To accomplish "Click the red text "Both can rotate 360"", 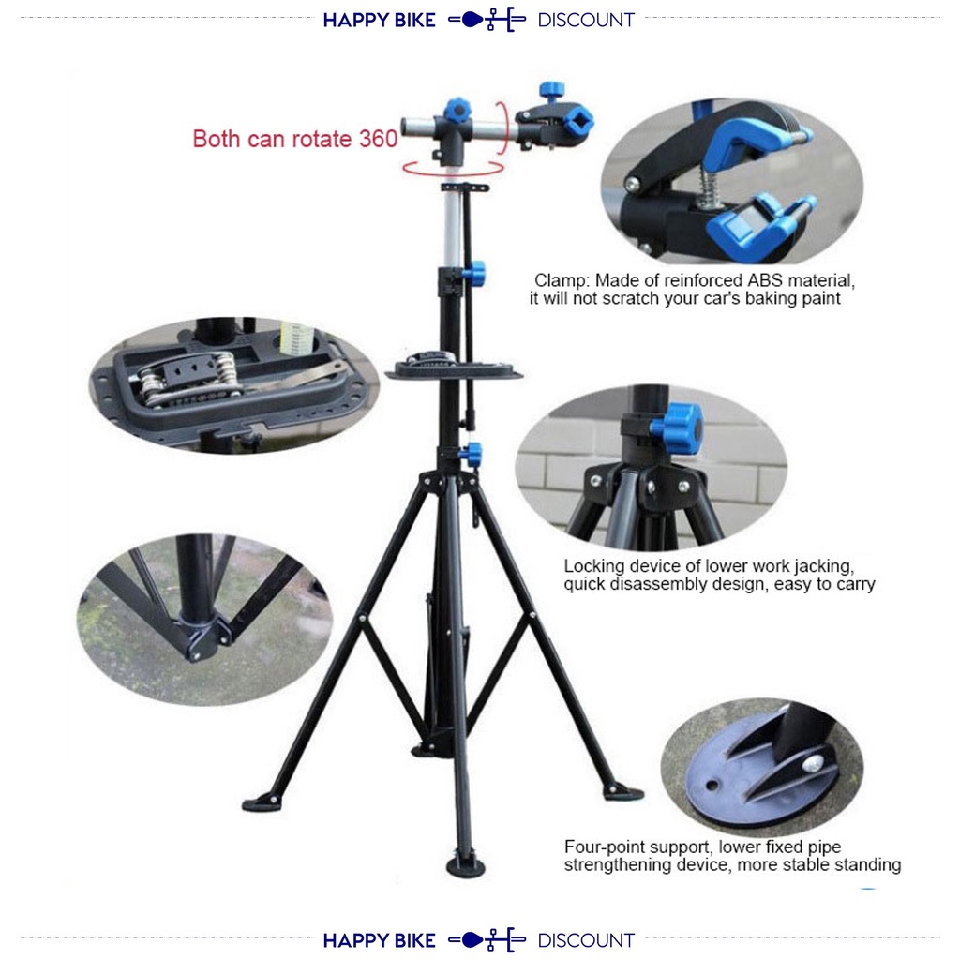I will pyautogui.click(x=295, y=139).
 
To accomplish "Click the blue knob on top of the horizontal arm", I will pyautogui.click(x=457, y=111).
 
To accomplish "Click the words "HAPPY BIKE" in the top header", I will pyautogui.click(x=380, y=21).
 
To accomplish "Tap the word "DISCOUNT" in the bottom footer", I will pyautogui.click(x=586, y=940).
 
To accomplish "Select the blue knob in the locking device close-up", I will pyautogui.click(x=677, y=428).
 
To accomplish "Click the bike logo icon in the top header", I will pyautogui.click(x=487, y=21).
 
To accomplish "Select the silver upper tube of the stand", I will pyautogui.click(x=452, y=225).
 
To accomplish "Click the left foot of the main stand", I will pyautogui.click(x=255, y=803).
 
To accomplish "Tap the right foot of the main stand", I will pyautogui.click(x=622, y=793).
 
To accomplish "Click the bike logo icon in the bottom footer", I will pyautogui.click(x=487, y=940).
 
